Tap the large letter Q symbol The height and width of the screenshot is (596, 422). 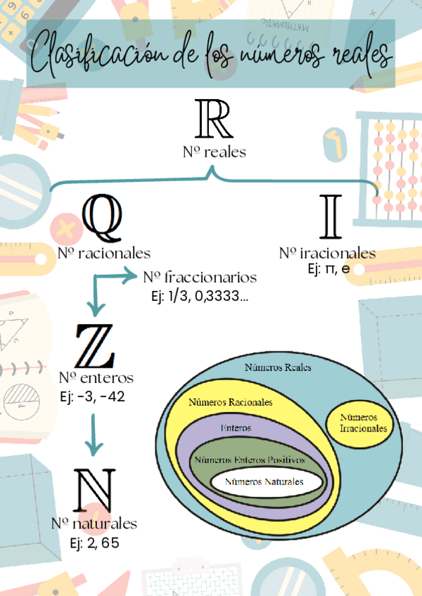102,219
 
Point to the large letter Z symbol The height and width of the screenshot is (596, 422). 96,346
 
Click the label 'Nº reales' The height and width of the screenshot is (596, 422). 215,151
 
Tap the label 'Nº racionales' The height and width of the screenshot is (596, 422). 104,252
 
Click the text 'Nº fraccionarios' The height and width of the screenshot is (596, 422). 199,277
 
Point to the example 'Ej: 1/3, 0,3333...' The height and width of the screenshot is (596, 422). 199,296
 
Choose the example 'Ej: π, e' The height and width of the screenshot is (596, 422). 329,269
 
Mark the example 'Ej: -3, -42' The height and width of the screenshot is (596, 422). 93,396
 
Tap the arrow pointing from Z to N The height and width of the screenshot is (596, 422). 93,436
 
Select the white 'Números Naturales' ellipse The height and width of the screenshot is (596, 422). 264,482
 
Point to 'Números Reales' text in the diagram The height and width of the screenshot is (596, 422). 277,367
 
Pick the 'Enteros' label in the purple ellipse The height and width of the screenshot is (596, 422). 236,427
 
